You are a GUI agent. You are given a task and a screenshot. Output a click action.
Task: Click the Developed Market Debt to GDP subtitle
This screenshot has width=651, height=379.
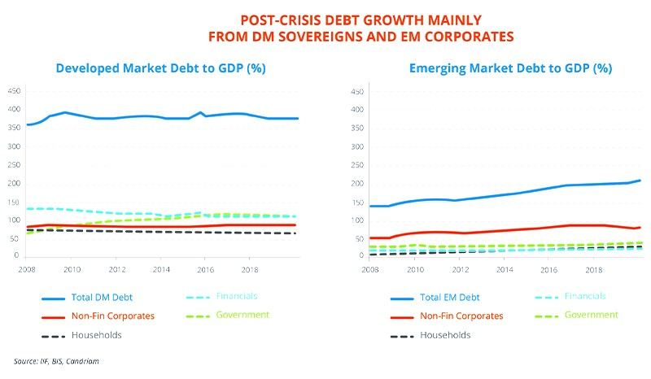[x=161, y=69]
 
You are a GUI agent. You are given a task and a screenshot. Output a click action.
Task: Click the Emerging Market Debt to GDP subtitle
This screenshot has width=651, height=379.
[x=510, y=69]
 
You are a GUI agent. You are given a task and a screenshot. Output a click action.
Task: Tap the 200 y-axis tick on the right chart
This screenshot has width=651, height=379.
[x=357, y=183]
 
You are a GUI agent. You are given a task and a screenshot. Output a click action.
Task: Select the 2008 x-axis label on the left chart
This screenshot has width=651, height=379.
[x=27, y=268]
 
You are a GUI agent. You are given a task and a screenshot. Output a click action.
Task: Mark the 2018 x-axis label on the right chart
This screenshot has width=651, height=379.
[x=595, y=268]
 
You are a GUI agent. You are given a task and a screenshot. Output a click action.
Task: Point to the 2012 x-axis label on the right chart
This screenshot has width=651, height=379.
[x=461, y=268]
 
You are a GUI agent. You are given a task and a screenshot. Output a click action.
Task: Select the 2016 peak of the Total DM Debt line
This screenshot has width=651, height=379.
[x=200, y=112]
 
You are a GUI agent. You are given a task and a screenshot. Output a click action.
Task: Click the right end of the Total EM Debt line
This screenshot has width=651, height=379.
[x=641, y=180]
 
